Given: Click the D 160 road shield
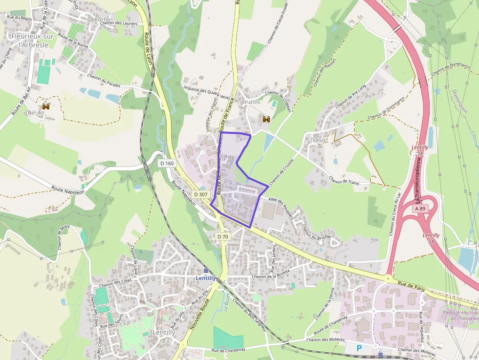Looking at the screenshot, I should [x=167, y=163].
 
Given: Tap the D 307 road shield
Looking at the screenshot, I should [x=201, y=194].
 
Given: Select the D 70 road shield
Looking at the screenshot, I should [x=222, y=236].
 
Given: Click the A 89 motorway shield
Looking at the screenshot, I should [x=420, y=209].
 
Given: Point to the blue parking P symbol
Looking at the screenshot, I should [x=360, y=348].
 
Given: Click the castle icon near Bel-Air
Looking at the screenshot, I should [x=46, y=106].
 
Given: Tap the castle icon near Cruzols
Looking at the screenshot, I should [x=266, y=119].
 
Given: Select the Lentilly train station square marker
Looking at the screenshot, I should [x=206, y=270].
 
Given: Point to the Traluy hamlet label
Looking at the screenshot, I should [x=318, y=140].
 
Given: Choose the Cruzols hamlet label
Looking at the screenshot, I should [x=251, y=102].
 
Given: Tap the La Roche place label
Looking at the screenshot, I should [x=99, y=20].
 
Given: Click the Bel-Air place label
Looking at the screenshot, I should [x=37, y=112].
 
